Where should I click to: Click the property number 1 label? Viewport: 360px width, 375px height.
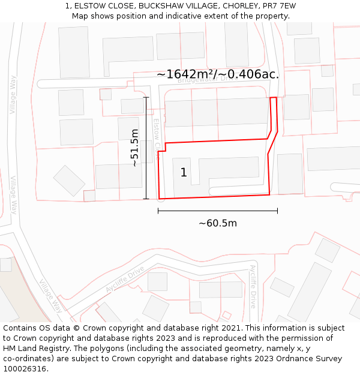(184, 173)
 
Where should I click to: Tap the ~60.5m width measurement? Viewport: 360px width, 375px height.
(218, 223)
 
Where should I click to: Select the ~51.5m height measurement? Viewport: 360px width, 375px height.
(135, 148)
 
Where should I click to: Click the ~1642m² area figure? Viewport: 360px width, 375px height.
(186, 74)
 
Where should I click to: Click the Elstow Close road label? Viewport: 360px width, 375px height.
(157, 133)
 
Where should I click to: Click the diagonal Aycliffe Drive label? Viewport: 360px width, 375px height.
(125, 280)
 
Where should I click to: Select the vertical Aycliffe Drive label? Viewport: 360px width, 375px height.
(253, 286)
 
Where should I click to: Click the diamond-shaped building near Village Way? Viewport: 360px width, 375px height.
(69, 181)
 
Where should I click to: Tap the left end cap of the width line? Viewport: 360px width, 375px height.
(158, 211)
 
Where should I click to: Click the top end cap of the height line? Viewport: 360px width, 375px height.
(146, 97)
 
